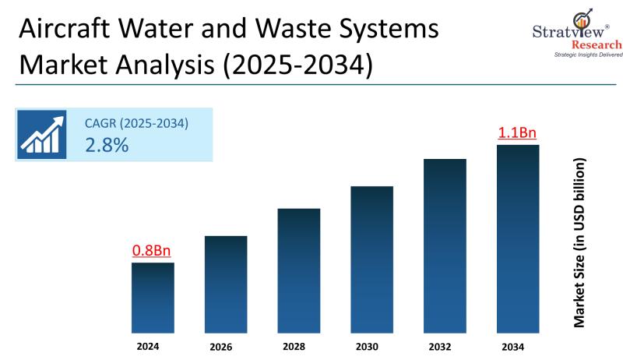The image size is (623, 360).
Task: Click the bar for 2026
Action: [226, 284]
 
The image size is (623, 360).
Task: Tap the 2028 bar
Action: [299, 270]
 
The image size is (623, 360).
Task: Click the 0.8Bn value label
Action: [151, 251]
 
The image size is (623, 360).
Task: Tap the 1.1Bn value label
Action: [517, 133]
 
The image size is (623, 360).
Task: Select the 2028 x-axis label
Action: [295, 346]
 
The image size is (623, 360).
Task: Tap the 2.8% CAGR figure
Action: [107, 145]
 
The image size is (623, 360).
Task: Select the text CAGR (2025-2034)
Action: [137, 123]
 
